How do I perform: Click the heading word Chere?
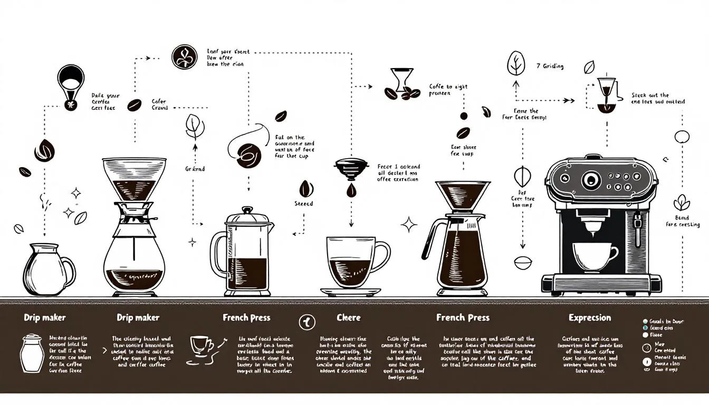click(349, 317)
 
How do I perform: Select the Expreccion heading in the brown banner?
click(590, 317)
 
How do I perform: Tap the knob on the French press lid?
click(248, 210)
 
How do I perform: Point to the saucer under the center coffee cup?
click(351, 291)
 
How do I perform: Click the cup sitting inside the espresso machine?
click(595, 256)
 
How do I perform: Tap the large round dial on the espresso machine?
click(591, 180)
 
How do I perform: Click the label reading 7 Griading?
click(550, 66)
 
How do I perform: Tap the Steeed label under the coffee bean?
click(304, 204)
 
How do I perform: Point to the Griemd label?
click(195, 169)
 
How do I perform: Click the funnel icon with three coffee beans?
click(401, 85)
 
